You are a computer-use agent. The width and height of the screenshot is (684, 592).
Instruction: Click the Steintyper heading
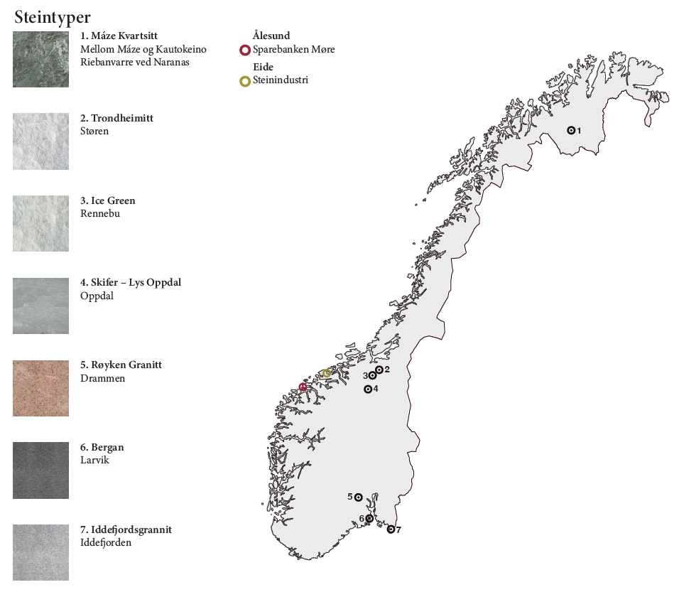pyautogui.click(x=52, y=17)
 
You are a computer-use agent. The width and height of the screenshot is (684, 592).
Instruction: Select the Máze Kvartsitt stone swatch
pyautogui.click(x=40, y=59)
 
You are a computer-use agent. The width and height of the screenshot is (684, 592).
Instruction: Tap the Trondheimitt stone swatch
pyautogui.click(x=40, y=141)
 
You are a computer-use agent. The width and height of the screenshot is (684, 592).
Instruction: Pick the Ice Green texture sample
pyautogui.click(x=40, y=223)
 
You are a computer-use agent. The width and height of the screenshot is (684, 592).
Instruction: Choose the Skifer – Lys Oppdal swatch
pyautogui.click(x=40, y=306)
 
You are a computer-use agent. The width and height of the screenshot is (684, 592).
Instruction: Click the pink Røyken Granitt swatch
pyautogui.click(x=40, y=388)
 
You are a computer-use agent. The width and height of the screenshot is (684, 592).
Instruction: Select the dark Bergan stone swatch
pyautogui.click(x=40, y=470)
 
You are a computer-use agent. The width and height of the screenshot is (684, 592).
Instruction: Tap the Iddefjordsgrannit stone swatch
pyautogui.click(x=40, y=552)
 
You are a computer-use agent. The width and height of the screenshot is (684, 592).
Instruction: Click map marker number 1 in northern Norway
pyautogui.click(x=570, y=130)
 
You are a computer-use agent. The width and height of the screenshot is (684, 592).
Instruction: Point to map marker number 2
pyautogui.click(x=379, y=370)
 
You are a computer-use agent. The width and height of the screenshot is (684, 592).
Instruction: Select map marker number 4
pyautogui.click(x=368, y=389)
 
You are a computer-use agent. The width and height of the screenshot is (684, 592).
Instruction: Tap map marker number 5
pyautogui.click(x=359, y=497)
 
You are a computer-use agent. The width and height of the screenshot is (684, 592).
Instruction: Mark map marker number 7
pyautogui.click(x=391, y=529)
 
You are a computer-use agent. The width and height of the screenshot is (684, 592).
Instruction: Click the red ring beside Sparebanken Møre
pyautogui.click(x=245, y=50)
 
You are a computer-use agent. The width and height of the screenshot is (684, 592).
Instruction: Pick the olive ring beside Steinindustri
pyautogui.click(x=245, y=81)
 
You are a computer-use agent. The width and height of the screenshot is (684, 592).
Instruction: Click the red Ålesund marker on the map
pyautogui.click(x=303, y=387)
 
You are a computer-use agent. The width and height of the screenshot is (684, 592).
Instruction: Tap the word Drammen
pyautogui.click(x=102, y=378)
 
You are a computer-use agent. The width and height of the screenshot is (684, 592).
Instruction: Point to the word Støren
pyautogui.click(x=94, y=131)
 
